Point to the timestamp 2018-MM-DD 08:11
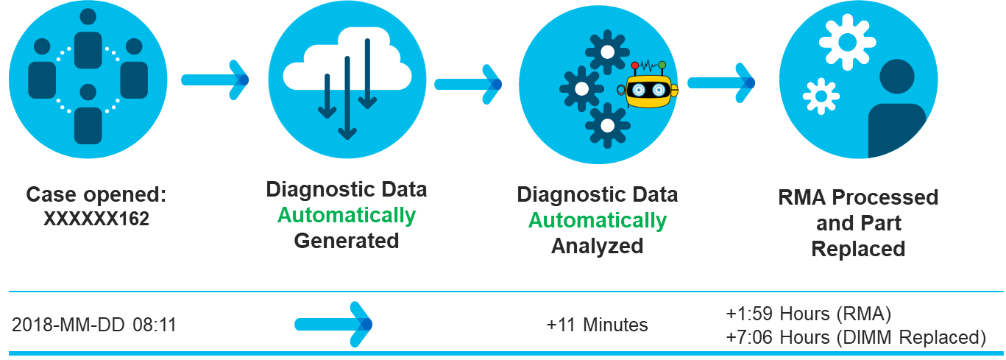94,325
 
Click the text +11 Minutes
597,325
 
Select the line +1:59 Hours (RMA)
808,314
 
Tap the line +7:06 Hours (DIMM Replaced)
855,337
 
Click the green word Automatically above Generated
347,216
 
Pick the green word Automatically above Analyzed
598,220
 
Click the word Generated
347,241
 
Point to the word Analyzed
598,245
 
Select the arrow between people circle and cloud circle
215,80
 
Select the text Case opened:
96,195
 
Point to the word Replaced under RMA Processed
858,249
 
